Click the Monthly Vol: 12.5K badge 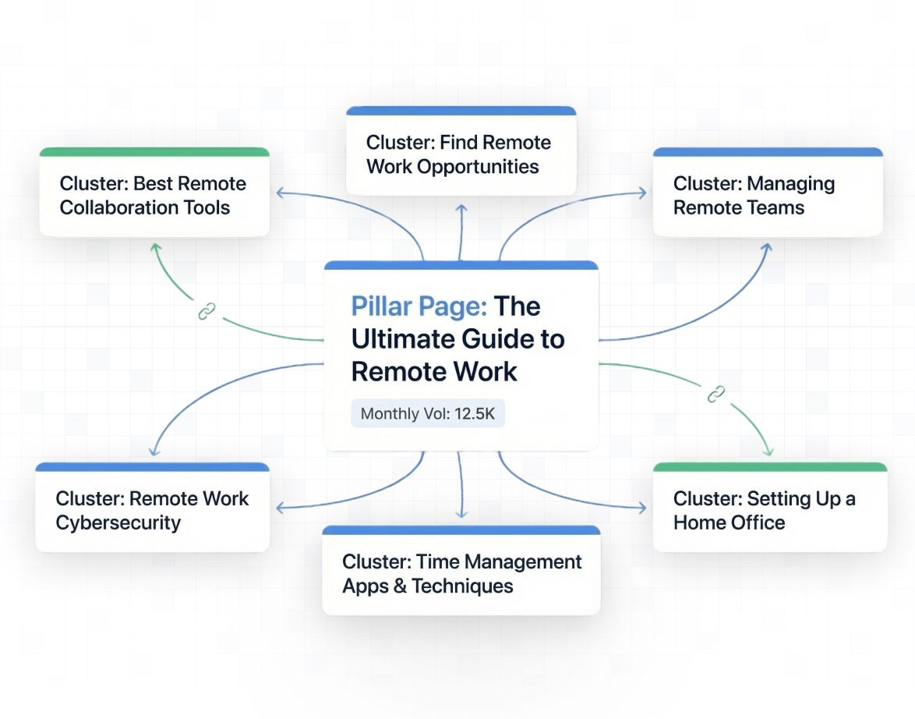click(428, 413)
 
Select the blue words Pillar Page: click(419, 306)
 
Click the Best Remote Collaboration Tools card click(154, 196)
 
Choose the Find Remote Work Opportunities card click(461, 154)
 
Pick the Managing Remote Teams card click(768, 196)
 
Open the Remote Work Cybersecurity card click(153, 511)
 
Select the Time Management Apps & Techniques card click(461, 574)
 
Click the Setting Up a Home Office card click(769, 511)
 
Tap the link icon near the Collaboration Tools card click(206, 312)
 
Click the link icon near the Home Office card click(715, 395)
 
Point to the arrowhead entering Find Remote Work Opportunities click(461, 209)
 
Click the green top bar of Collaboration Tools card click(154, 152)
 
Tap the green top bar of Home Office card click(769, 467)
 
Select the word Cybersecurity click(118, 522)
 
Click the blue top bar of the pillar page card click(461, 265)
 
